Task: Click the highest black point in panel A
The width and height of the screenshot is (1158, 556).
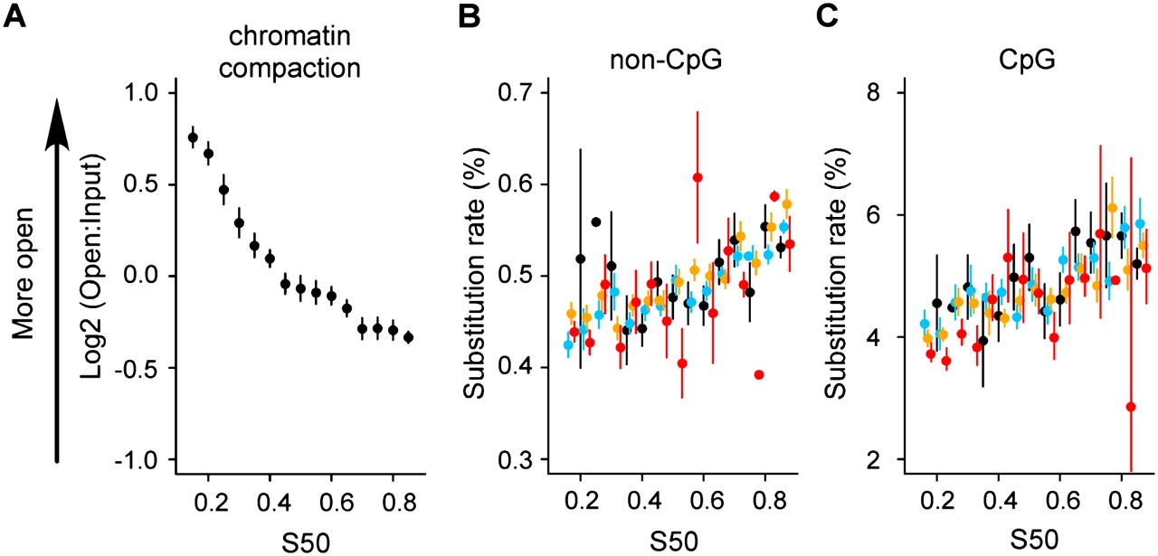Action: [193, 137]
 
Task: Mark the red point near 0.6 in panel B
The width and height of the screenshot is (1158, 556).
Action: [698, 177]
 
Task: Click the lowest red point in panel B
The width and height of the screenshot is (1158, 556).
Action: [759, 375]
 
